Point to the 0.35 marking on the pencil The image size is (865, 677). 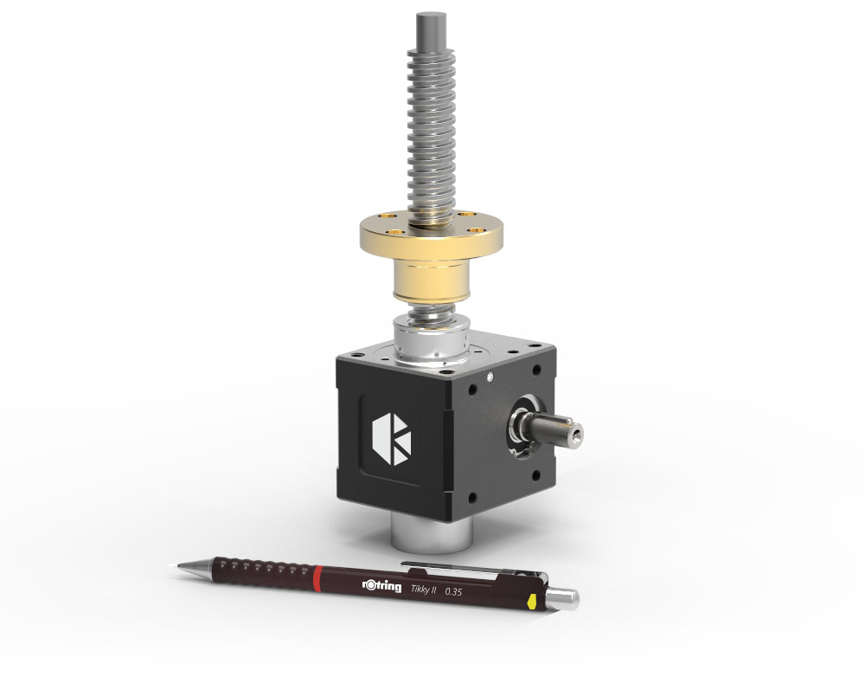coord(452,592)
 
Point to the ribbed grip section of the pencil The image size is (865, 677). coord(259,571)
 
